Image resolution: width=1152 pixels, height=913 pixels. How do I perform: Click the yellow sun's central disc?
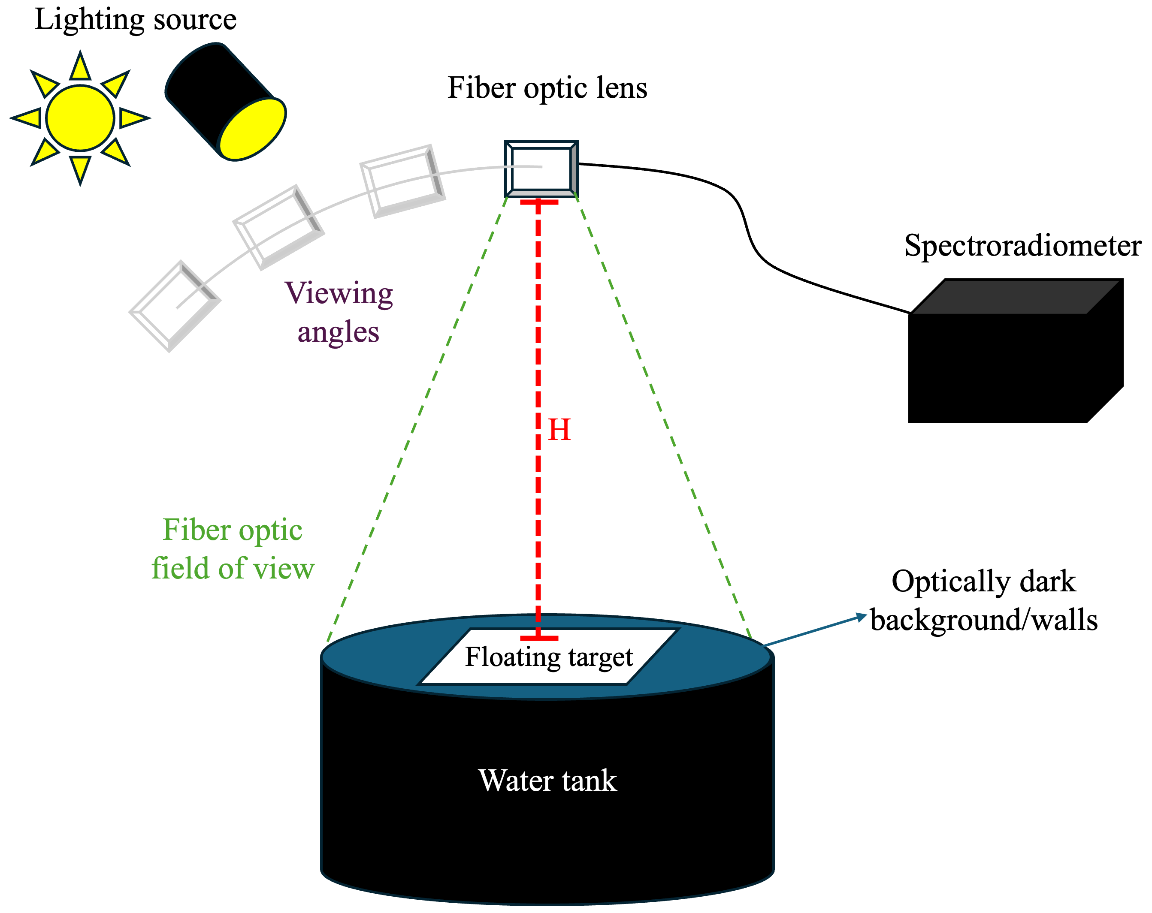[x=80, y=118]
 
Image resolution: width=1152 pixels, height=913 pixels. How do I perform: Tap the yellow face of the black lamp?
[x=253, y=130]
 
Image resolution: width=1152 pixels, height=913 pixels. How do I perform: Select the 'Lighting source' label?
[x=135, y=20]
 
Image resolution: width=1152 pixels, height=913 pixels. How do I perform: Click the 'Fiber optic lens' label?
[x=547, y=88]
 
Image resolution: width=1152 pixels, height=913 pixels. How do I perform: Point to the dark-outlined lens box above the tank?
[x=541, y=169]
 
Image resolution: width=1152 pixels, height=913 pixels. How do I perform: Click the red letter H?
[x=559, y=430]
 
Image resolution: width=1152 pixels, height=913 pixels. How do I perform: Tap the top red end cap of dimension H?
[x=538, y=202]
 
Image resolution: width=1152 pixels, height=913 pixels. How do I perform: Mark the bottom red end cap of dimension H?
[x=538, y=638]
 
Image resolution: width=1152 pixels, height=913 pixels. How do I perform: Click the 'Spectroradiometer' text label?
[x=1022, y=246]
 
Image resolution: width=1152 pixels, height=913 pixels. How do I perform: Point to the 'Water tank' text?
[x=547, y=780]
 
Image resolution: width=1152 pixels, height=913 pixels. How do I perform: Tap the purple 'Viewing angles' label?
[x=339, y=312]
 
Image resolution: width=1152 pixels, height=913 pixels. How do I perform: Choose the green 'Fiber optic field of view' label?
[x=233, y=549]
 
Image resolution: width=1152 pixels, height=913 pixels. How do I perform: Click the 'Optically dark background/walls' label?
[x=983, y=601]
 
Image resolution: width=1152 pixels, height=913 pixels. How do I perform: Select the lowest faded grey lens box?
[x=175, y=306]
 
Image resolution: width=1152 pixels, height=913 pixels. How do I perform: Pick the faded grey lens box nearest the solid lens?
[x=403, y=181]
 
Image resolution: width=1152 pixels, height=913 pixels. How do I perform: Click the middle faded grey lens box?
[x=278, y=227]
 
